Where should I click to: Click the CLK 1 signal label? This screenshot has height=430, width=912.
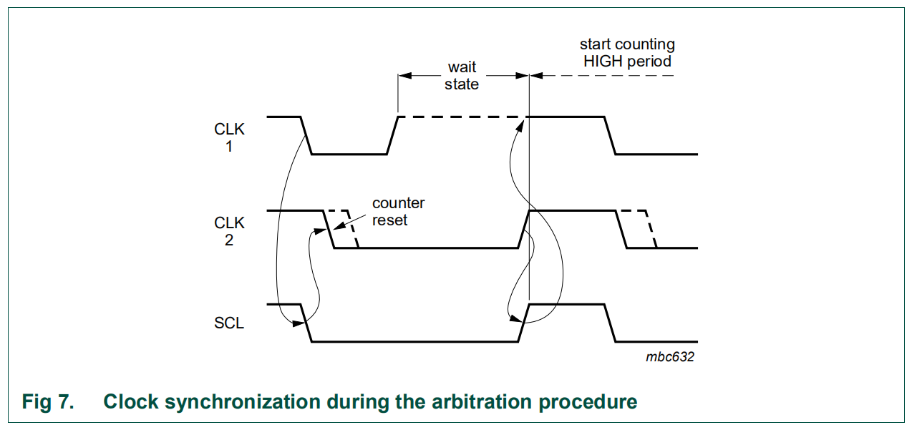coord(229,139)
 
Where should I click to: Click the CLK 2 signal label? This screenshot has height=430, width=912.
coord(229,231)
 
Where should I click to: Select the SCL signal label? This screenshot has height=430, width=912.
coord(229,323)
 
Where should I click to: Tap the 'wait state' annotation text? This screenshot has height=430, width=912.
coord(462,76)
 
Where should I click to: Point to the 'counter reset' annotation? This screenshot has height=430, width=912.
coord(398,212)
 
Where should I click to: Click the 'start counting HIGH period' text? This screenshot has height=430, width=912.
coord(627,54)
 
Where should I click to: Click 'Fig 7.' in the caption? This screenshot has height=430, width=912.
coord(48,401)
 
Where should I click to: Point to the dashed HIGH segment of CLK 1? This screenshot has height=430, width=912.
coord(462,117)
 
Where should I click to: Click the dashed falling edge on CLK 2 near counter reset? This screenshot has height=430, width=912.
coord(352,229)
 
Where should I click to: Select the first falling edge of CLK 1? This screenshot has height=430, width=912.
coord(306,135)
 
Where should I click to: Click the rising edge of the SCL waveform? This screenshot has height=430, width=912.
coord(523,323)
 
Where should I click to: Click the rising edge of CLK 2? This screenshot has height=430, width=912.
coord(523,229)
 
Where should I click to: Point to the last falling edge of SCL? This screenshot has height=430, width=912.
coord(611,323)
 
